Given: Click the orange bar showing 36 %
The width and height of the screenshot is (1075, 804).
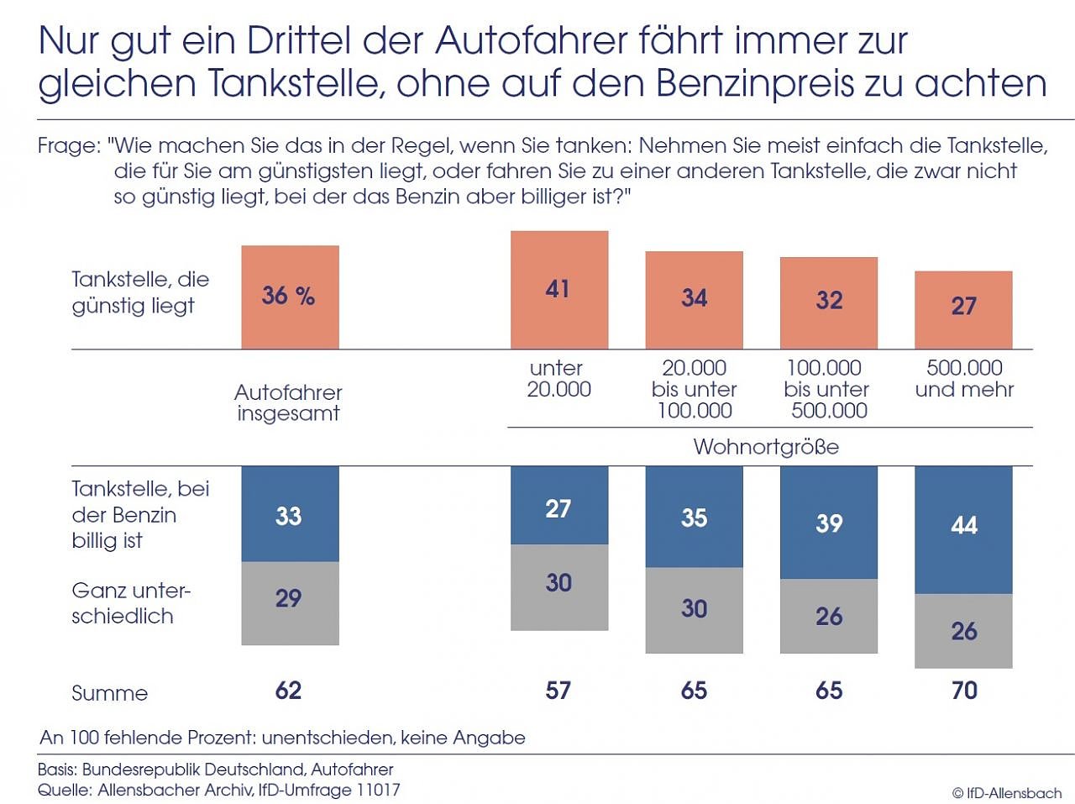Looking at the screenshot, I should (290, 297).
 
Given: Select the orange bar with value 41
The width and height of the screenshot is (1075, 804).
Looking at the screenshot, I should (559, 289).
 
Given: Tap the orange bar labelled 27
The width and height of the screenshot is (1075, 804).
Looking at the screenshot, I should (963, 309).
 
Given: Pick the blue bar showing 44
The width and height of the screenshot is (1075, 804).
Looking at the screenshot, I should (963, 529).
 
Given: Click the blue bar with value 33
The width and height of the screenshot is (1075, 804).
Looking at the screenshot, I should (290, 513).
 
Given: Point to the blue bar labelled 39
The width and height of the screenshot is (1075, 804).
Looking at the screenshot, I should (829, 522).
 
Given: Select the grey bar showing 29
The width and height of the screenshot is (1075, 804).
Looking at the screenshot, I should (290, 602).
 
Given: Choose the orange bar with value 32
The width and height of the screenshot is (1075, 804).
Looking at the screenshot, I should (829, 302).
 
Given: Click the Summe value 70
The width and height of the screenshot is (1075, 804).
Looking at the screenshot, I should (964, 691).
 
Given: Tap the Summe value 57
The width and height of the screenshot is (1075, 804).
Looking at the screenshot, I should (558, 691).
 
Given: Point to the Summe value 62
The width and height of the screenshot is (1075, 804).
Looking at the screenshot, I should (288, 691).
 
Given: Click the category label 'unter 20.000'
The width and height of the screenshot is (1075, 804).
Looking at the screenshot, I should (558, 379).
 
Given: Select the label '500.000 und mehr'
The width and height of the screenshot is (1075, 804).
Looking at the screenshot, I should (964, 379).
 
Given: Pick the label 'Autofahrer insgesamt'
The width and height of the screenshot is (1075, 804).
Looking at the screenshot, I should (288, 402).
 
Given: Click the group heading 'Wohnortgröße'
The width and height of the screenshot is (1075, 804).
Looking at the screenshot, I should (766, 446).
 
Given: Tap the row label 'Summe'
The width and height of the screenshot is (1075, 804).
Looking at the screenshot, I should (109, 693).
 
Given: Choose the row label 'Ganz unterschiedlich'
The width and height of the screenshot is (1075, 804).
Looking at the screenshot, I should (130, 603).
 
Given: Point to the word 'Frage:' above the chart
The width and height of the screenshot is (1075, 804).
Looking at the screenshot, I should (70, 146).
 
